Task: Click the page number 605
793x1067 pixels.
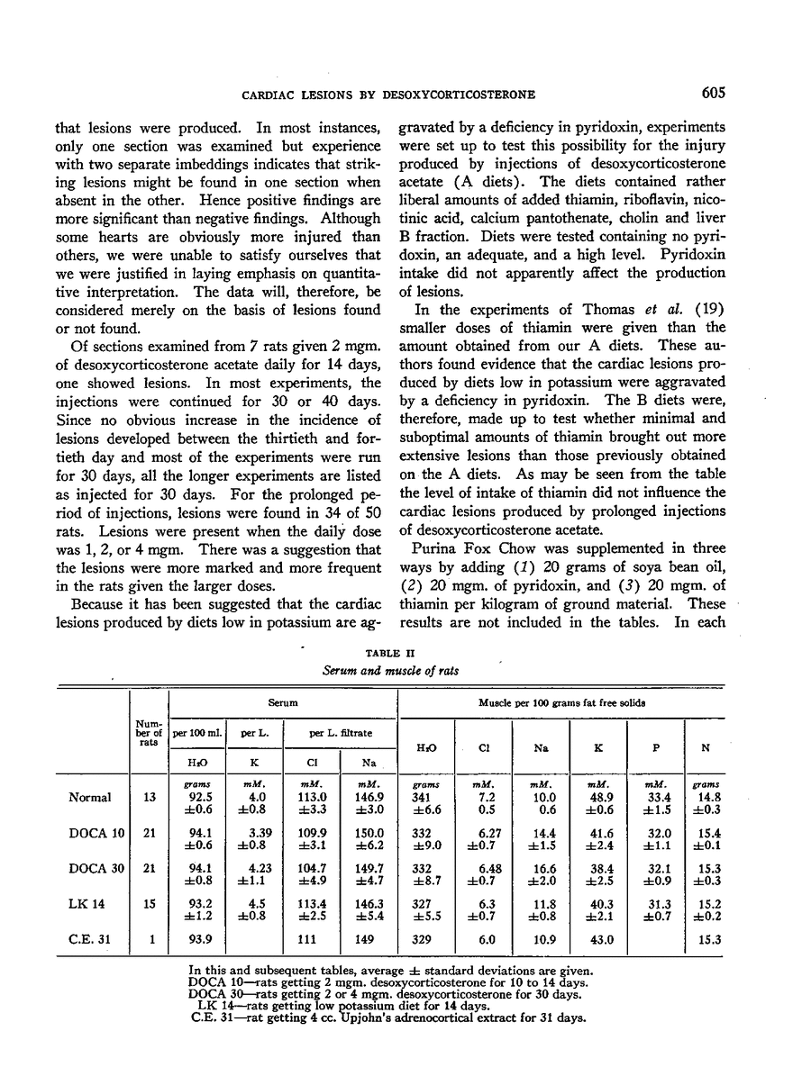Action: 709,93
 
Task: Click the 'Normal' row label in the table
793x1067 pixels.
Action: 90,797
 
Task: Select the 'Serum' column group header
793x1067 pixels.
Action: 283,699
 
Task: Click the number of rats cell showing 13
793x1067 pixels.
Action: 149,797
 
